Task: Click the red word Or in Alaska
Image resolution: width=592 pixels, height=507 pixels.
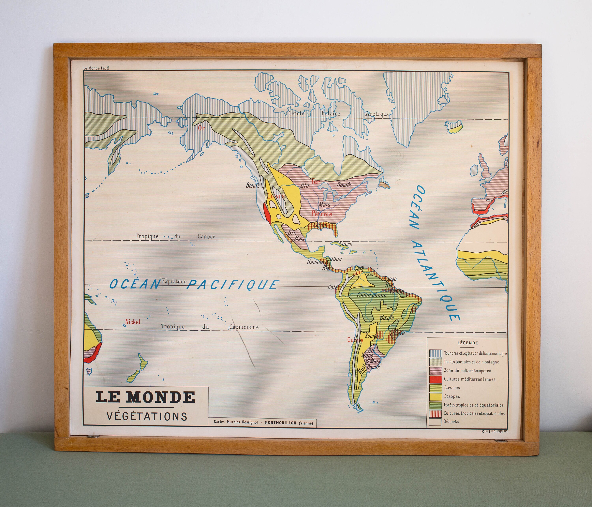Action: coord(201,128)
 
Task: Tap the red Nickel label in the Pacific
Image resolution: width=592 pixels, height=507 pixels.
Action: coord(133,322)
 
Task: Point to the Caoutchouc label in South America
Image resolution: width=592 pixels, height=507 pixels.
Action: coord(371,295)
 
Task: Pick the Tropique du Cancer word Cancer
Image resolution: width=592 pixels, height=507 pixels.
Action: coord(206,237)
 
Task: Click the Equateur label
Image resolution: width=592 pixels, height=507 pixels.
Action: coord(174,281)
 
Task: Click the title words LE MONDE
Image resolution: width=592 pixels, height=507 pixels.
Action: coord(146,397)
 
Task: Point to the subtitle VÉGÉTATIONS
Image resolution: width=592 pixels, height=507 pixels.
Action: coord(147,416)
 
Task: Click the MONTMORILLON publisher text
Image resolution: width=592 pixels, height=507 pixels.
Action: coord(280,423)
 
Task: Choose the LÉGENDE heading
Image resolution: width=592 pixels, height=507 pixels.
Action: coord(468,343)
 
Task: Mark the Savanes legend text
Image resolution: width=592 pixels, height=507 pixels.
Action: coord(452,388)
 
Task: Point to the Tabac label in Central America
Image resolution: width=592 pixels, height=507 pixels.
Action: coord(335,259)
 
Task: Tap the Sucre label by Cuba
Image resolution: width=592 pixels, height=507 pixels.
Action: coord(345,244)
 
